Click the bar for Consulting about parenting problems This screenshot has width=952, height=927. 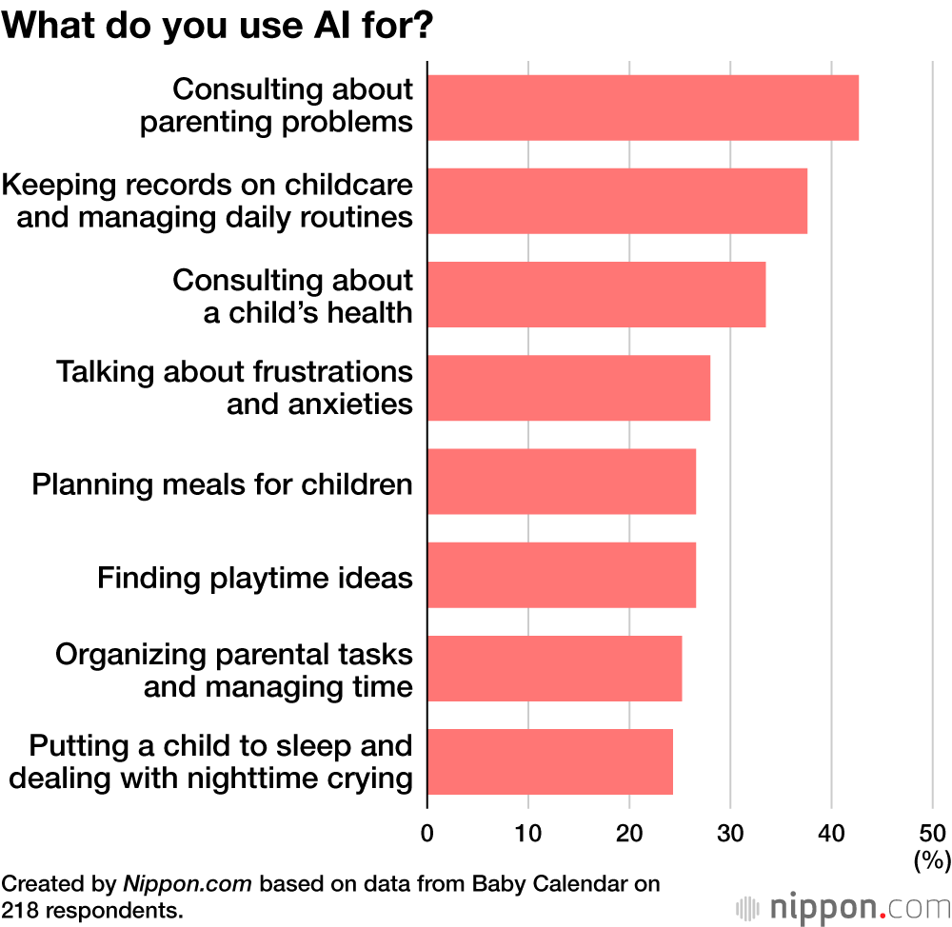pos(643,108)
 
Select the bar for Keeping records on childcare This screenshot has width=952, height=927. pos(617,201)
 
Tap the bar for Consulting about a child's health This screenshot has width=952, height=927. pos(596,294)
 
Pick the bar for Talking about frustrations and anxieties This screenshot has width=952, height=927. pos(568,387)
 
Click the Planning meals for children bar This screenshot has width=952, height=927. pos(562,481)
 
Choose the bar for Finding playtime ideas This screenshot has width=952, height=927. pos(562,575)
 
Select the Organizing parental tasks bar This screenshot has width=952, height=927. pos(554,668)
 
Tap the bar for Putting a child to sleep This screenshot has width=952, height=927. pos(550,761)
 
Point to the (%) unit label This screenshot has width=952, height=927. pos(932,860)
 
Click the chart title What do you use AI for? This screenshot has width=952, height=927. pos(219,27)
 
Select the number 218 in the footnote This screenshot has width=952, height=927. pos(19,909)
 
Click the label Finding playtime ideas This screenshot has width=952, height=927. pos(255,577)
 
